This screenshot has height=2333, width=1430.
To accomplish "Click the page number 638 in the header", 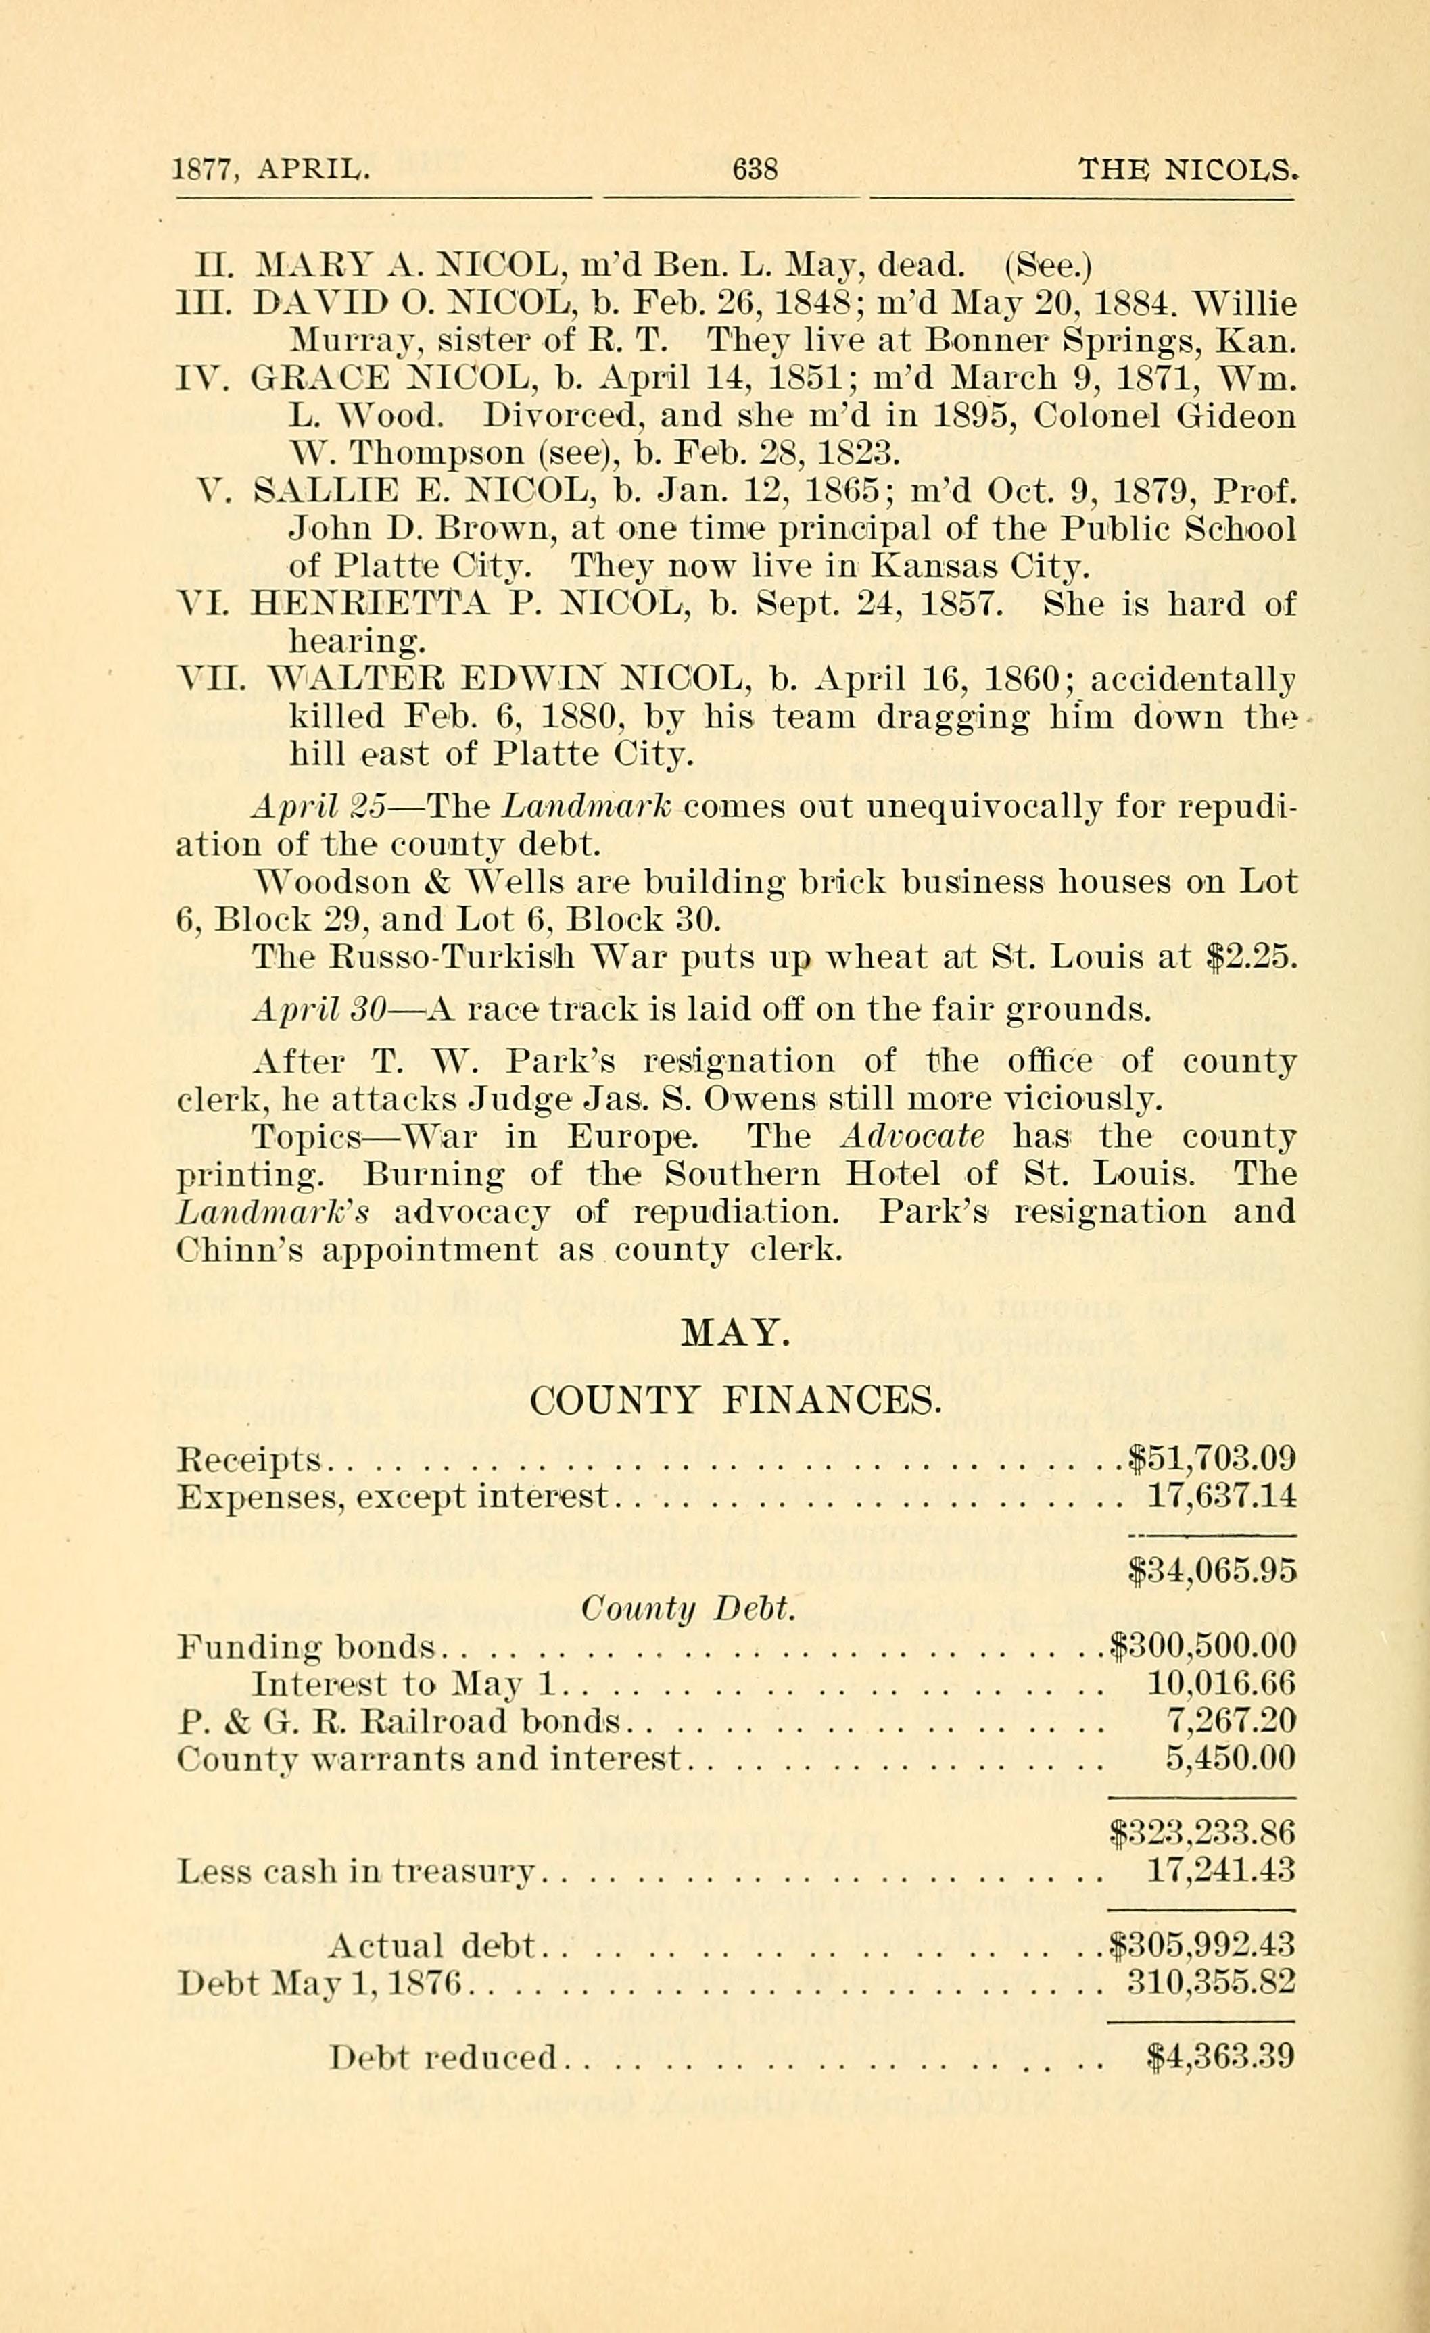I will pyautogui.click(x=755, y=170).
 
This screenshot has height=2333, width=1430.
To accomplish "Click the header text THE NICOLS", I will pyautogui.click(x=1187, y=170).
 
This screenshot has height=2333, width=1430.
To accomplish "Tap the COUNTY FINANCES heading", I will pyautogui.click(x=735, y=1400).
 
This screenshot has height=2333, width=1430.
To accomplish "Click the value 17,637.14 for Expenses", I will pyautogui.click(x=1220, y=1497).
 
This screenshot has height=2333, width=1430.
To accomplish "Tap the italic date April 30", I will pyautogui.click(x=316, y=1010).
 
